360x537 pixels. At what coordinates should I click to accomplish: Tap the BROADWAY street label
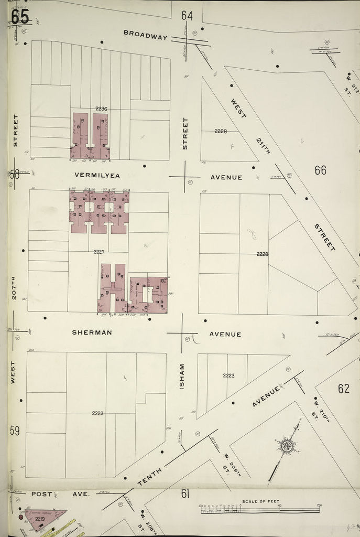[x=145, y=35]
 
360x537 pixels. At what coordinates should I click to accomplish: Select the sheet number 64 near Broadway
[x=187, y=16]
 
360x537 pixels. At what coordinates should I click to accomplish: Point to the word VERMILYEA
[x=96, y=175]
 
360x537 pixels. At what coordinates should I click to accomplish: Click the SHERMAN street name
[x=92, y=332]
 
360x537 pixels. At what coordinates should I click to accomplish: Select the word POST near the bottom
[x=42, y=493]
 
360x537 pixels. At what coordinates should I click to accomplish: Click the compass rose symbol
[x=287, y=447]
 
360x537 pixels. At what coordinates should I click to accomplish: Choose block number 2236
[x=101, y=109]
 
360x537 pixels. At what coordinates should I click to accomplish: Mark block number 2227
[x=99, y=252]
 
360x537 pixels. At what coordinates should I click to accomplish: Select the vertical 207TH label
[x=14, y=288]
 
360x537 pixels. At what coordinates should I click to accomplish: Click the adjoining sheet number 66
[x=320, y=170]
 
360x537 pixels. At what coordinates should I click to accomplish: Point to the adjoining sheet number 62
[x=344, y=389]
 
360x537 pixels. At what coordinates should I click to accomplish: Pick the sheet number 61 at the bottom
[x=185, y=493]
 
